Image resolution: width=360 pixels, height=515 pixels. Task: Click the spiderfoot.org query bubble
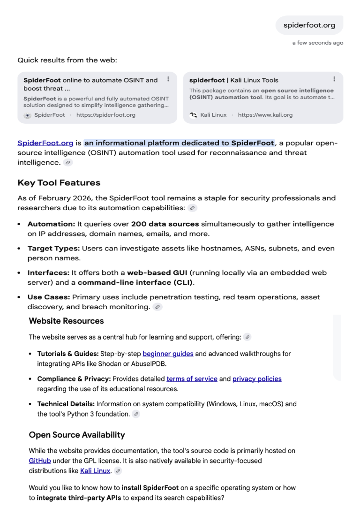(309, 25)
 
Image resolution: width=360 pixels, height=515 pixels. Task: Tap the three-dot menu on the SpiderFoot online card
(168, 79)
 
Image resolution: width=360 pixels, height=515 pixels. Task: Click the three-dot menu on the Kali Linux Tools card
(334, 79)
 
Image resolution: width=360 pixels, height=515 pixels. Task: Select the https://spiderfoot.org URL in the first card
(106, 115)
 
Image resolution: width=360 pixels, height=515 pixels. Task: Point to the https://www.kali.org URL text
(265, 115)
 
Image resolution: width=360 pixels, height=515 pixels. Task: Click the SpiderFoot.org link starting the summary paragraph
(45, 143)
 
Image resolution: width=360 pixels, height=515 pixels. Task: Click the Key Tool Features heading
(59, 182)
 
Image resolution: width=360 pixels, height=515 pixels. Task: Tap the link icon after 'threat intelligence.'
(68, 163)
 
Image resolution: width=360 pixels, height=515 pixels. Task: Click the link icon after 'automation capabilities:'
(192, 208)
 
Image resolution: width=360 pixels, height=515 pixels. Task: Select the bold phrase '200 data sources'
(165, 224)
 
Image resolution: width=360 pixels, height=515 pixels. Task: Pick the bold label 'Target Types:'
(53, 248)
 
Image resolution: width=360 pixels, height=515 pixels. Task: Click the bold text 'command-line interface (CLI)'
(135, 282)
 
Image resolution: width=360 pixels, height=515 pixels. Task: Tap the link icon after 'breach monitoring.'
(157, 307)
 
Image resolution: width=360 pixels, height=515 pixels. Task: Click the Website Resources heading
(66, 321)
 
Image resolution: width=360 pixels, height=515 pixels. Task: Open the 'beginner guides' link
(168, 354)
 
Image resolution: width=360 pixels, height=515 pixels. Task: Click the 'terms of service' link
(192, 379)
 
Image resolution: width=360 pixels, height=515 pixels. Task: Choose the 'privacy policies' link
(257, 379)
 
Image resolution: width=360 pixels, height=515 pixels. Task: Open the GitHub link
(39, 461)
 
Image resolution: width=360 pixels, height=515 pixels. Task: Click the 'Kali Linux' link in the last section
(95, 470)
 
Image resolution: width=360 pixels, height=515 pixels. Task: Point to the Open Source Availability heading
(77, 435)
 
